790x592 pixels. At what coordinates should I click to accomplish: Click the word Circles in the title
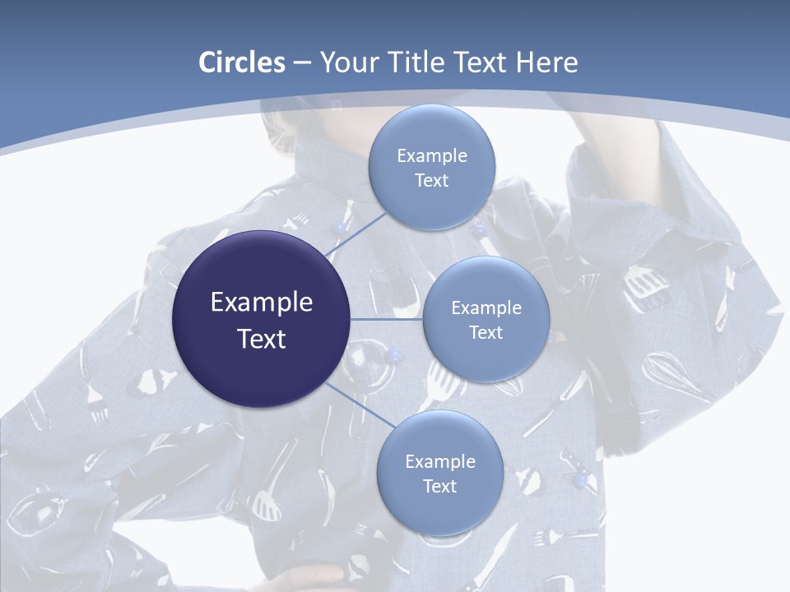(241, 62)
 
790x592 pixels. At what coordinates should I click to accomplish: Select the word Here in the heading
(546, 62)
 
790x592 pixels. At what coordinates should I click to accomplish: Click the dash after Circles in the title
(301, 63)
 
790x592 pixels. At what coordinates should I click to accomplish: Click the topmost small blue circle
(431, 167)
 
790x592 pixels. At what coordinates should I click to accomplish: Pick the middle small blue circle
(486, 319)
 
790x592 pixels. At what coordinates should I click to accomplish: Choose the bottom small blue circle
(439, 473)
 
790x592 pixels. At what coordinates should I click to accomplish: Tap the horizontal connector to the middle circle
(387, 319)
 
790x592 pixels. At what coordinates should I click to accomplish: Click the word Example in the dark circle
(262, 303)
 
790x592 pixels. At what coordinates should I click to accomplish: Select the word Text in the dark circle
(262, 339)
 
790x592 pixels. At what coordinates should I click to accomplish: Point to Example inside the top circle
(432, 155)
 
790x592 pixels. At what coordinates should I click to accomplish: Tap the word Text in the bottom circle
(439, 486)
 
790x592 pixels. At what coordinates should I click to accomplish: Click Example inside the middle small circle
(486, 308)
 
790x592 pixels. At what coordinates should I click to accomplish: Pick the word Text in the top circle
(432, 180)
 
